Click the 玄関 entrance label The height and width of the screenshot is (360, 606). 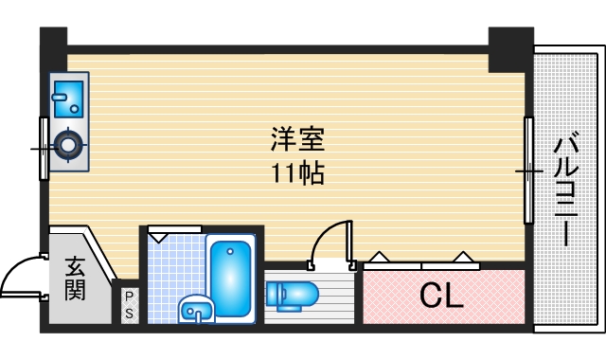(75, 278)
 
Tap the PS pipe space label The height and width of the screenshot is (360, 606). (129, 306)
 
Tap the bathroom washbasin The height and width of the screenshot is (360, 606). (197, 308)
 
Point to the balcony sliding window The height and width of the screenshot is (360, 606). (528, 171)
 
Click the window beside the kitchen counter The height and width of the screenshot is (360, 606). (44, 148)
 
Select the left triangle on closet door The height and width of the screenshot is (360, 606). (380, 257)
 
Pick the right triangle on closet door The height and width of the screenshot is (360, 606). (464, 257)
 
